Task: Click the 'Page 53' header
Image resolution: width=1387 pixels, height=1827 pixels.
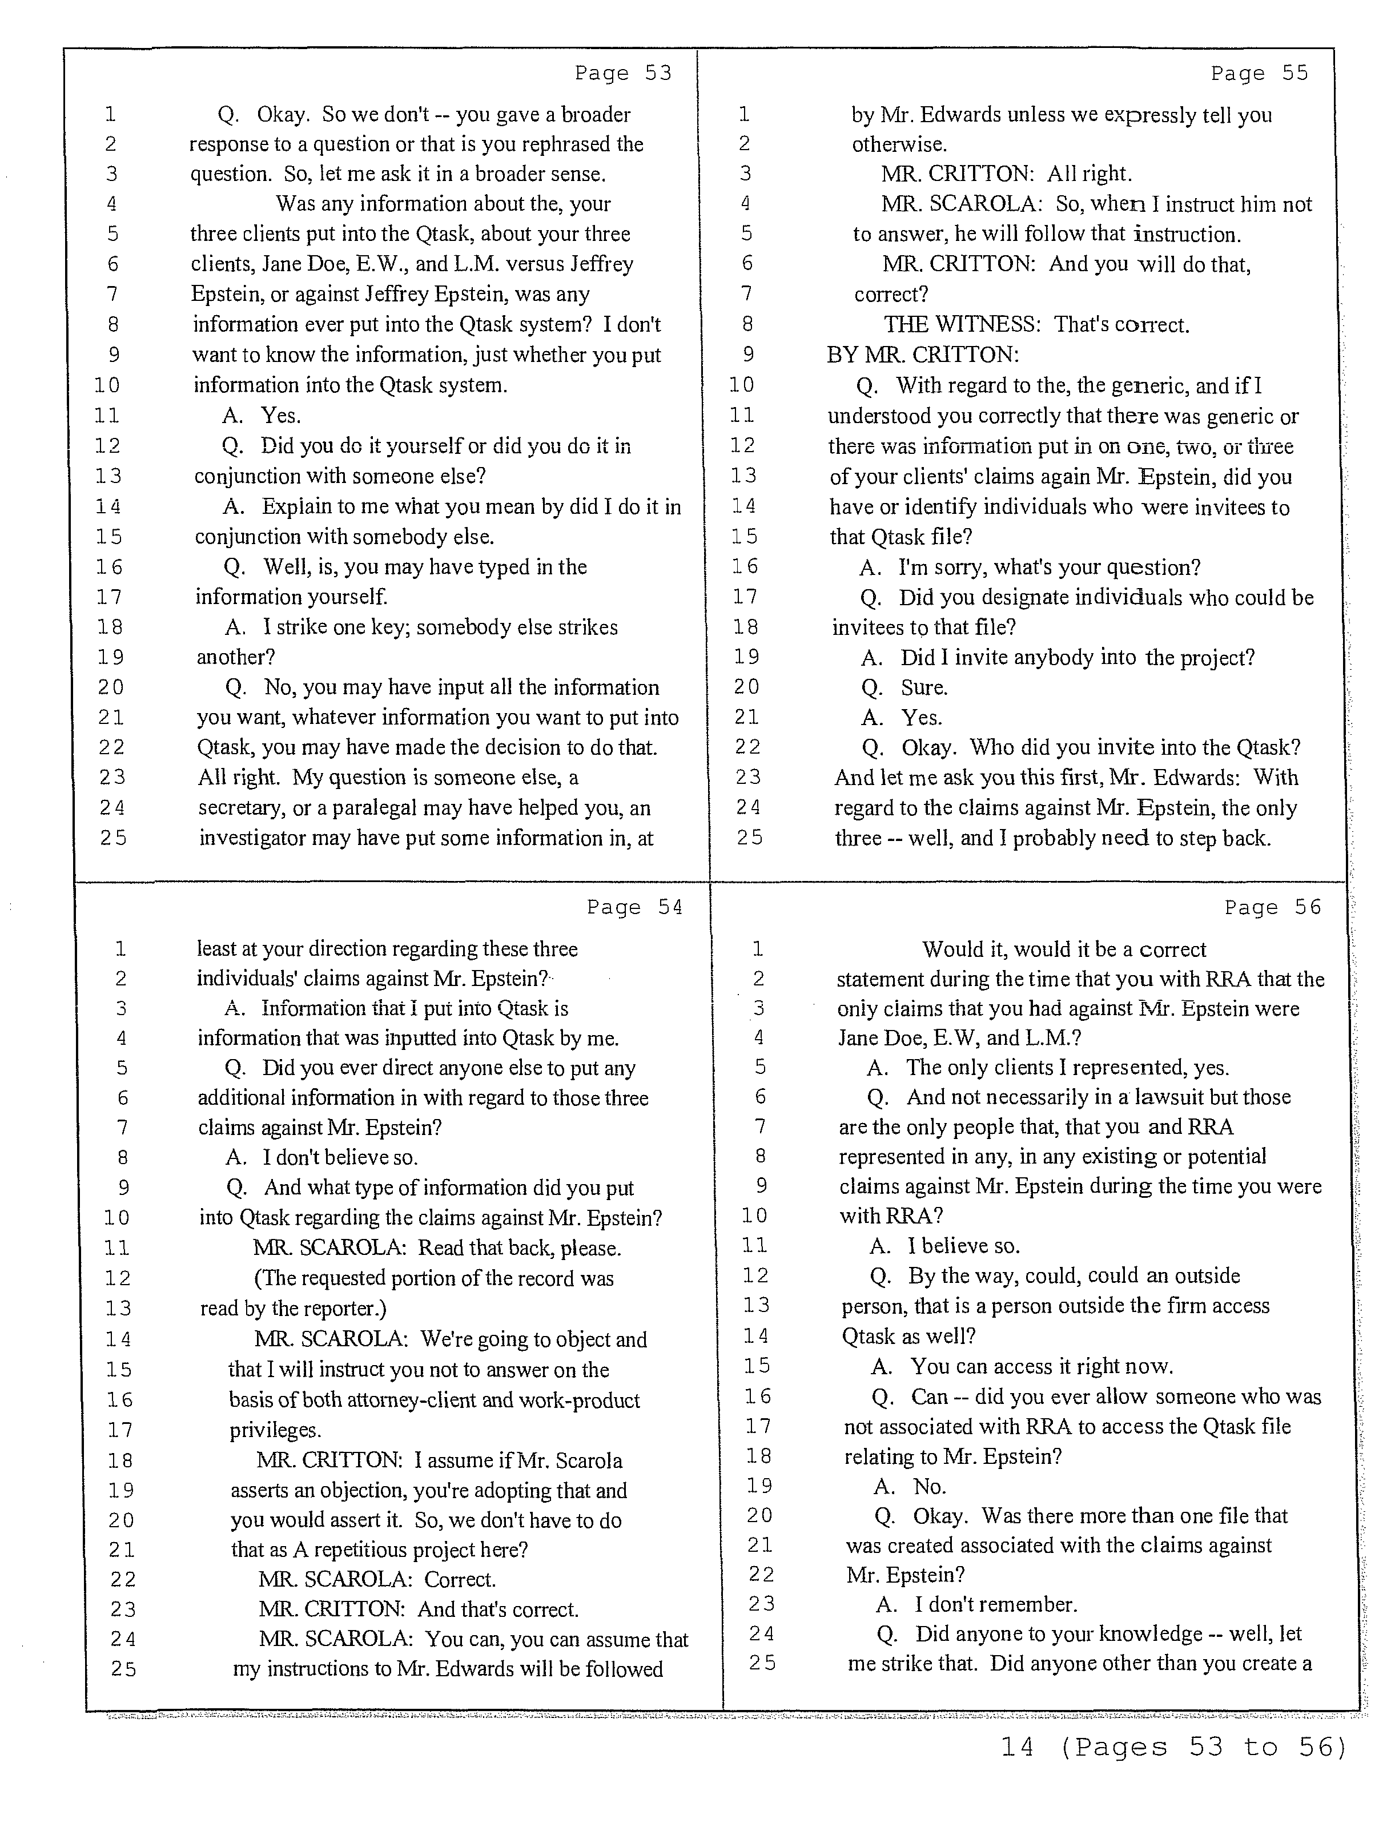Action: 623,74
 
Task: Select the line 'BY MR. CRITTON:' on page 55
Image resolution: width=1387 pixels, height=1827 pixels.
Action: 923,355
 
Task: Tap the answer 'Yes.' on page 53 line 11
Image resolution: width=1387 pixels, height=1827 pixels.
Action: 281,416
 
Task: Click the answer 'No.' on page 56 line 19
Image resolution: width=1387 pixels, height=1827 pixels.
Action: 930,1487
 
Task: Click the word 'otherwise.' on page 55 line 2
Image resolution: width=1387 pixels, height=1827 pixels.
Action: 899,144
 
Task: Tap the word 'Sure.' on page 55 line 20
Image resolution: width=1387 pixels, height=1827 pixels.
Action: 923,687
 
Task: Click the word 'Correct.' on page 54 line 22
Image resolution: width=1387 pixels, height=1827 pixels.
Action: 460,1579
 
